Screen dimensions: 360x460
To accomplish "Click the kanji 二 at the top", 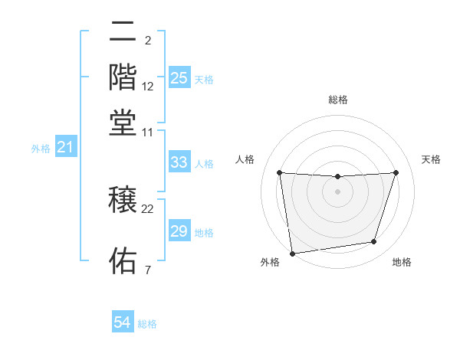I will [x=123, y=32].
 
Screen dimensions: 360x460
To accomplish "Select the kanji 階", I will [x=123, y=77].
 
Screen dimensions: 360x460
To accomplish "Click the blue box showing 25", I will [x=179, y=77].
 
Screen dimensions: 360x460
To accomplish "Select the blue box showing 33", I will [x=179, y=162].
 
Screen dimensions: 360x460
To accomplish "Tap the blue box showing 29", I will [x=179, y=231].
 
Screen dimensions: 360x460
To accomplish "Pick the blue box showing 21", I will [x=65, y=147].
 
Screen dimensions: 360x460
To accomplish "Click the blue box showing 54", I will [x=122, y=322].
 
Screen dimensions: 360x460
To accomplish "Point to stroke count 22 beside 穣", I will [x=148, y=208].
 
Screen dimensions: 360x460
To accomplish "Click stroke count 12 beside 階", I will [x=148, y=86].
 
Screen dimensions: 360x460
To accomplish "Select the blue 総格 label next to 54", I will [x=147, y=324].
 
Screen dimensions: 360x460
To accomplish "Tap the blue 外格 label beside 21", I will [x=41, y=149].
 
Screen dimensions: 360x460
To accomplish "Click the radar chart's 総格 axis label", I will [x=337, y=100].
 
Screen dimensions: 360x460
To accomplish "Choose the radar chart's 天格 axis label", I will [x=431, y=159].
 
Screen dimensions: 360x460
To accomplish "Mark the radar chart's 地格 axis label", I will [x=402, y=263].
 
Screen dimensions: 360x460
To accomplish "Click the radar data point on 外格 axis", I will [x=292, y=253].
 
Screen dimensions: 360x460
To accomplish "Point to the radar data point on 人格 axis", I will [x=279, y=172].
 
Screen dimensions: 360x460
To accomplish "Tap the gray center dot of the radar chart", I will [x=337, y=191].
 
